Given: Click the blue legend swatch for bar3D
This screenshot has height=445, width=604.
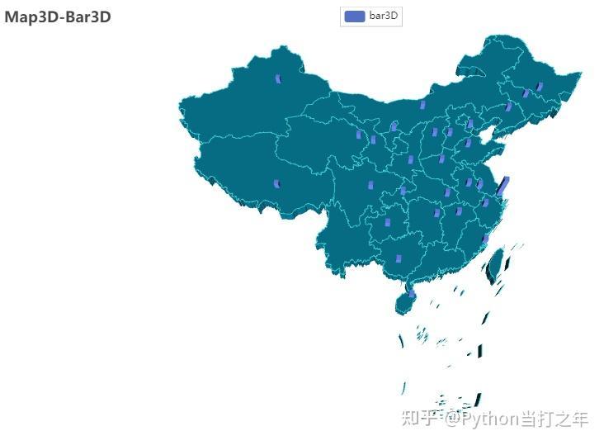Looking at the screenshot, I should coord(354,17).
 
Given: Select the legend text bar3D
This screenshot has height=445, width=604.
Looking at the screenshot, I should coord(385,17).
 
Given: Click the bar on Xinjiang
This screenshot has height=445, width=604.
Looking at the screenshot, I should coord(278,78).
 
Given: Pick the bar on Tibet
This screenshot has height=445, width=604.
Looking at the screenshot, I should coord(276,183).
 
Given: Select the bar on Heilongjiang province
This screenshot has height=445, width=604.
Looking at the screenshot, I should coord(539,87).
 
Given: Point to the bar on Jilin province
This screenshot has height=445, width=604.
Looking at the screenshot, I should coord(526,93).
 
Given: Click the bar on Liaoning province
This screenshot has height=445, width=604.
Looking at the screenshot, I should coord(508,107).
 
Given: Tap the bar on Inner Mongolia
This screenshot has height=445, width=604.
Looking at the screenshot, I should coord(422,104).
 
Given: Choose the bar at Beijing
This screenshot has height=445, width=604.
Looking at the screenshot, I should coord(470,124).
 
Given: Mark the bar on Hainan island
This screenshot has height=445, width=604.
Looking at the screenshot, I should coord(412,293).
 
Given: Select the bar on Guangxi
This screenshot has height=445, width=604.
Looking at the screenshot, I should coord(398,258).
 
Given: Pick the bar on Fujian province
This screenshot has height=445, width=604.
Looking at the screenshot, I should coord(486,239).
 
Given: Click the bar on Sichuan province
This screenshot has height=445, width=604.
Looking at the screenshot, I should coord(370,184).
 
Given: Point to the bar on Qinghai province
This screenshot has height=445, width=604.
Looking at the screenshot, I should coord(359,134).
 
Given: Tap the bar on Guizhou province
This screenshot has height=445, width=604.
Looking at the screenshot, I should coord(403,191).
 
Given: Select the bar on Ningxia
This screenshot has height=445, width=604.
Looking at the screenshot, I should coord(394,126).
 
